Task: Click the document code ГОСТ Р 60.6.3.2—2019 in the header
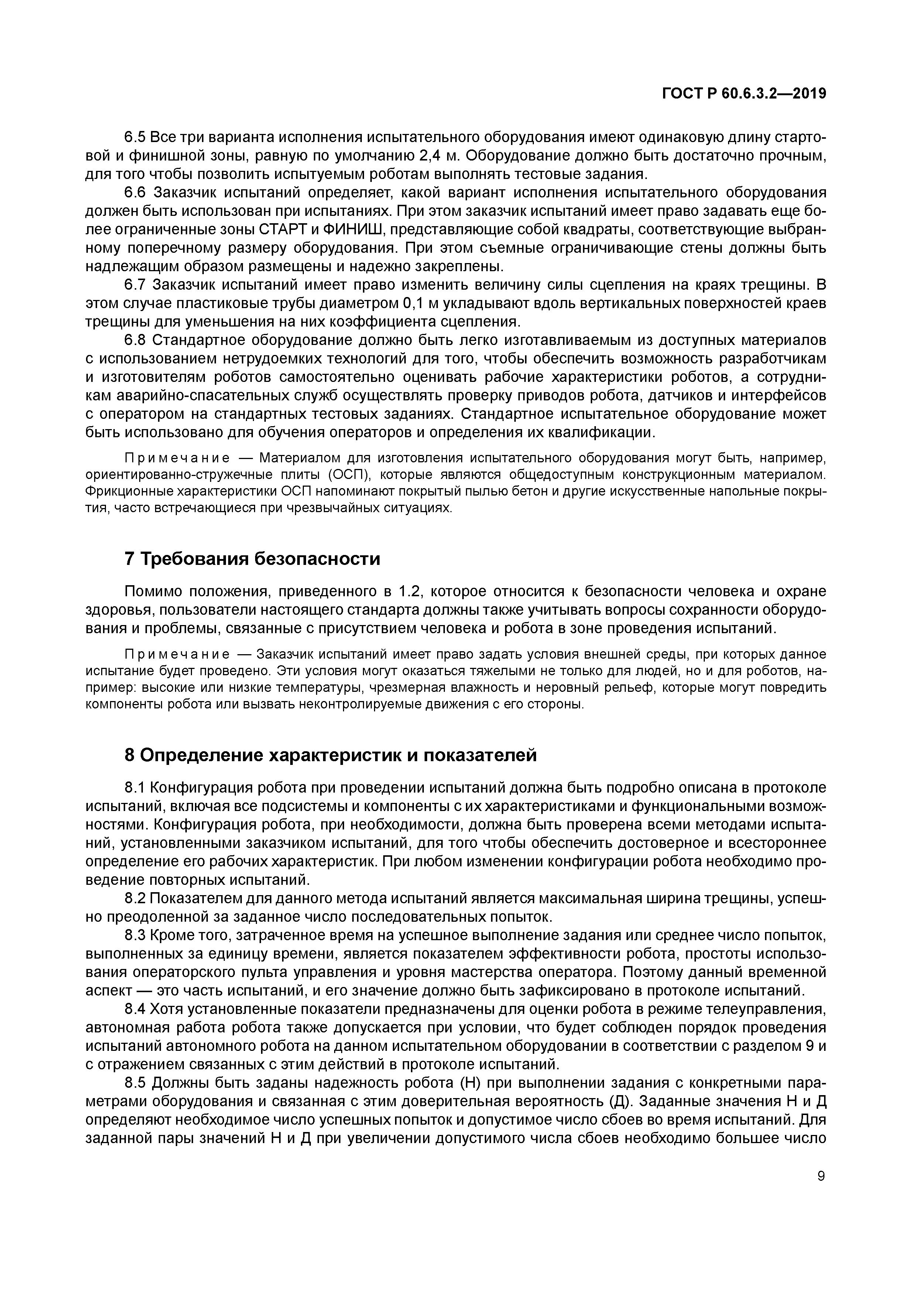click(x=744, y=94)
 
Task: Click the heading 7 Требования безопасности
click(x=252, y=559)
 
